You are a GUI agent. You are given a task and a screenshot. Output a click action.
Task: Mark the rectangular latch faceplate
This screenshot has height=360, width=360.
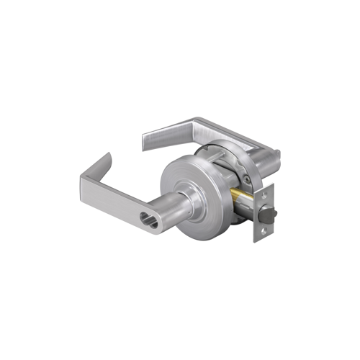[264, 213]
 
